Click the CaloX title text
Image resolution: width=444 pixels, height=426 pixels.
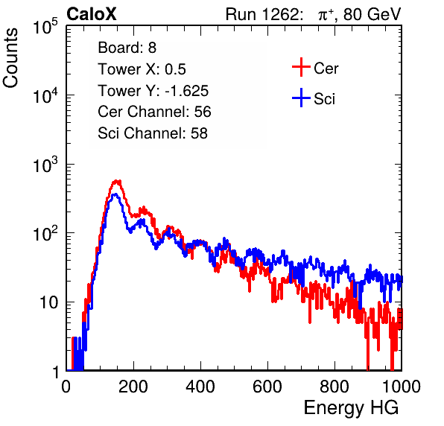tap(92, 14)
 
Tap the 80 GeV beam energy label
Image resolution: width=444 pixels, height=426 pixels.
tap(372, 14)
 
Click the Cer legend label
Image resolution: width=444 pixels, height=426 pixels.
tap(326, 69)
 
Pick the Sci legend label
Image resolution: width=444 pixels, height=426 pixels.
tap(325, 98)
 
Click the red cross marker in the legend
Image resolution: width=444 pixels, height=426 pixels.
tap(301, 67)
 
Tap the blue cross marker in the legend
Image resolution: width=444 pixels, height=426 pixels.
tap(301, 98)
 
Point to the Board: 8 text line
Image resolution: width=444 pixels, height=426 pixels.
tap(127, 48)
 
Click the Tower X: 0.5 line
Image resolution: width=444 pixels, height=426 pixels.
tap(142, 69)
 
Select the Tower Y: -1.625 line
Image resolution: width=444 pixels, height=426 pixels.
tap(153, 91)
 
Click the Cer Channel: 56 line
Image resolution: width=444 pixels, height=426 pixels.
tap(154, 112)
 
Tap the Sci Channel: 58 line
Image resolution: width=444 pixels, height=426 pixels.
tap(153, 133)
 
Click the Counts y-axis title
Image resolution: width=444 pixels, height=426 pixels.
tap(10, 58)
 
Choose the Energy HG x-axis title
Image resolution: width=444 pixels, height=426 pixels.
tap(351, 408)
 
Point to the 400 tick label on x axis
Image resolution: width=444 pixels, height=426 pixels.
tap(200, 387)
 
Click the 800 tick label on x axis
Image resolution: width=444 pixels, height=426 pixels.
tap(334, 387)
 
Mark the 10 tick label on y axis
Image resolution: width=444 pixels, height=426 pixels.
tap(48, 302)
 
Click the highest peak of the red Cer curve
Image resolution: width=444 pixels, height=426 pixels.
tap(117, 181)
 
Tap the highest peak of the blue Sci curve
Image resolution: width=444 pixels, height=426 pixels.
tap(115, 194)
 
